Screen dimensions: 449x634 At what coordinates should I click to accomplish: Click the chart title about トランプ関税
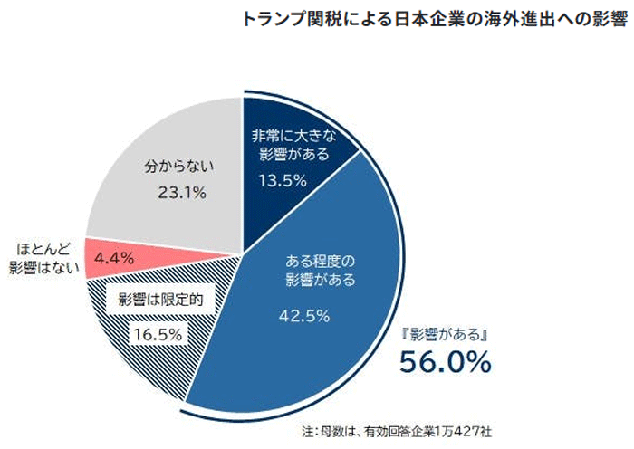pos(435,19)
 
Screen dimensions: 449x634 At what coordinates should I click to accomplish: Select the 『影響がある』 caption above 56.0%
pos(446,334)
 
